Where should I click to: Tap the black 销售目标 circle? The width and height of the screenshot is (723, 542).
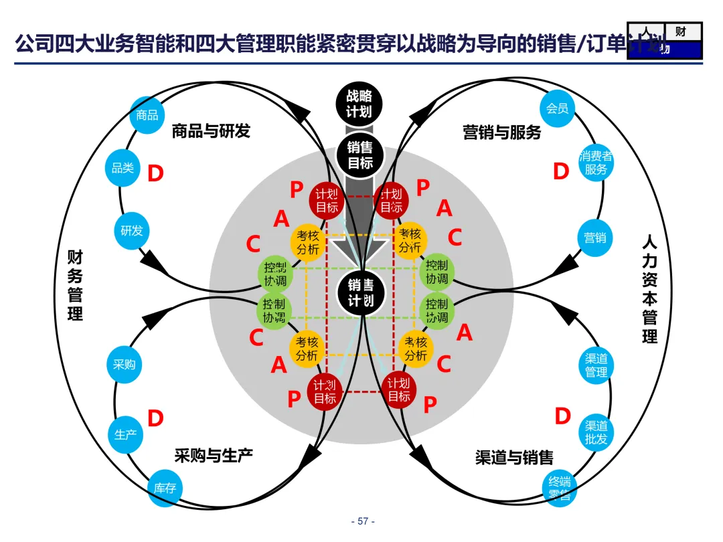[x=360, y=155]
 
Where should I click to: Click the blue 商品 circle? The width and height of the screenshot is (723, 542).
[x=147, y=115]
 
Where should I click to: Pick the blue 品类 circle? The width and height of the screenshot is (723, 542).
[x=123, y=168]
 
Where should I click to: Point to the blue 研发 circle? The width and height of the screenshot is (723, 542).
[x=132, y=231]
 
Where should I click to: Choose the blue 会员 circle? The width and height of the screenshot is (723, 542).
[x=557, y=108]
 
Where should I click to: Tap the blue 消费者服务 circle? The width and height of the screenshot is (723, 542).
[x=595, y=163]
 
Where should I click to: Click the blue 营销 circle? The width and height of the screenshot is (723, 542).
[x=594, y=238]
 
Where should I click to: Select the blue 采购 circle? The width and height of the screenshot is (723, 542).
[x=125, y=365]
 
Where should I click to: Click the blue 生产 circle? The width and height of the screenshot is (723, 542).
[x=126, y=434]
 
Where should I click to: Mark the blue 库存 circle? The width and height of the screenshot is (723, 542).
[x=165, y=488]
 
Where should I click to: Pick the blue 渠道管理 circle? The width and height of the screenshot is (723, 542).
[x=596, y=365]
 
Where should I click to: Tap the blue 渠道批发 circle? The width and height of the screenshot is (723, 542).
[x=595, y=432]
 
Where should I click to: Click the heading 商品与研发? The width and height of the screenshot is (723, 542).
[x=211, y=131]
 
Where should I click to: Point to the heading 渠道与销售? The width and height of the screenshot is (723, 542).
[x=514, y=458]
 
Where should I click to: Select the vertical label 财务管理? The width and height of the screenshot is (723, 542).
[x=75, y=285]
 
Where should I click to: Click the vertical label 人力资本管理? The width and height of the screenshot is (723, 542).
[x=649, y=289]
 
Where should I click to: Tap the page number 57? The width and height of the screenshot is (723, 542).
[x=363, y=521]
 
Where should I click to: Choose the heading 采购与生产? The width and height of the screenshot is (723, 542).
[x=214, y=456]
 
